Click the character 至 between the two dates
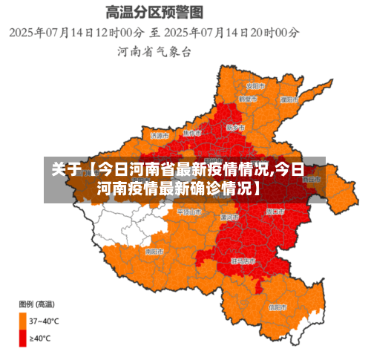155,33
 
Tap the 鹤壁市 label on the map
248,99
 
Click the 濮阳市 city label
289,99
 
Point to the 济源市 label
160,136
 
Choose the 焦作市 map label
193,133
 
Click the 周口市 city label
276,212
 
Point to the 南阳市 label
154,252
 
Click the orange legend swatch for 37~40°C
22,320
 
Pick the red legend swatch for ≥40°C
22,338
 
